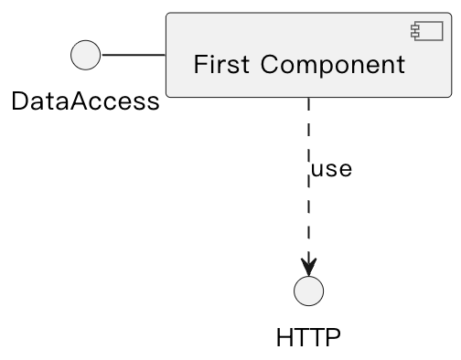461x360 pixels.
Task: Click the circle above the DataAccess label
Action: pyautogui.click(x=85, y=56)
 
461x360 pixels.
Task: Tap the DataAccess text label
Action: pyautogui.click(x=85, y=101)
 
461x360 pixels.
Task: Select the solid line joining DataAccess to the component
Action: pyautogui.click(x=133, y=56)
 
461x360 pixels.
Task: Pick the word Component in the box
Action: pyautogui.click(x=332, y=65)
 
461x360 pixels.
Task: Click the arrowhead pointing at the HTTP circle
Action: pyautogui.click(x=309, y=266)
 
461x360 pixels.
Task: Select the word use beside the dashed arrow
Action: pyautogui.click(x=331, y=170)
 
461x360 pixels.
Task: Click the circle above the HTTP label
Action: pyautogui.click(x=309, y=291)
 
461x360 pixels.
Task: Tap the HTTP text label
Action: pyautogui.click(x=308, y=338)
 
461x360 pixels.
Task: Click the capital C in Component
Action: pyautogui.click(x=269, y=65)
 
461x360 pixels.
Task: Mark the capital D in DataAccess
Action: pyautogui.click(x=20, y=101)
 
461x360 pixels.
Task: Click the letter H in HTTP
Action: pyautogui.click(x=284, y=338)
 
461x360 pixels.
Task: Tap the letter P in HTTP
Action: pyautogui.click(x=333, y=338)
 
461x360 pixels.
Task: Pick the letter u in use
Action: pyautogui.click(x=317, y=171)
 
